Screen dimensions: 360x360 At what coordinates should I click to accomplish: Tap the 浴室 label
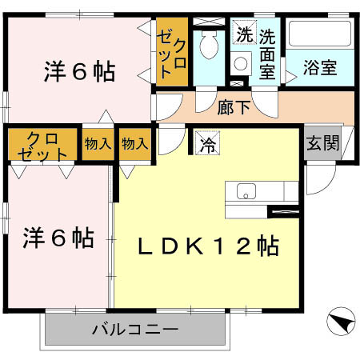coord(320,69)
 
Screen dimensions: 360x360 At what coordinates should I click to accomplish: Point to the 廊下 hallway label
coord(234,107)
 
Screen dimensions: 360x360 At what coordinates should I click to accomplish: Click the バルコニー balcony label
coord(134,327)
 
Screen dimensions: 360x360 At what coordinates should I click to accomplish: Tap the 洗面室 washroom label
coord(267,54)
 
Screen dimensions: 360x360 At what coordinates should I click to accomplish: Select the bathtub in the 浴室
coord(319,35)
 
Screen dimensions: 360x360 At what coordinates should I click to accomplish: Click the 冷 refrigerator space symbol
coord(207,146)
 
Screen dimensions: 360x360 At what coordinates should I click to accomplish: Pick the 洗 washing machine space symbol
coord(242,34)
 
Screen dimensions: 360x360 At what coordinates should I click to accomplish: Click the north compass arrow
coord(339,324)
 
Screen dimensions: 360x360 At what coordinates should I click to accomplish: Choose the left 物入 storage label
coord(98,144)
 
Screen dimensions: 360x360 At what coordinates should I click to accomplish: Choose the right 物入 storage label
coord(134,144)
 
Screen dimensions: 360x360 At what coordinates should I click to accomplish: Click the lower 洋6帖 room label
coord(58,238)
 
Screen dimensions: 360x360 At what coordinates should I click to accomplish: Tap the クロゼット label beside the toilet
coord(174,53)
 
